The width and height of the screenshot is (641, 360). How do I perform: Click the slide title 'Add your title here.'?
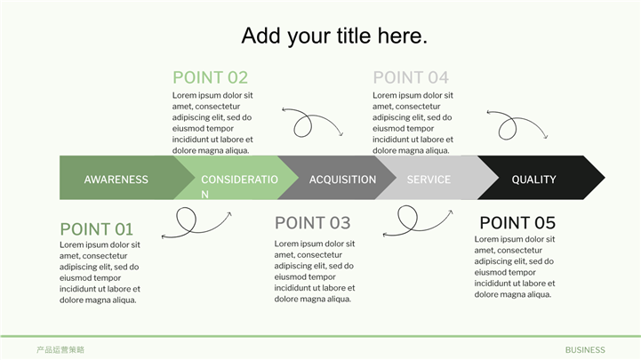click(x=334, y=36)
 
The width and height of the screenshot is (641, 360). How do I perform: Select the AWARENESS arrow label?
click(x=116, y=180)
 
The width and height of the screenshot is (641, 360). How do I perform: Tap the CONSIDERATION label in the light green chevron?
click(x=239, y=187)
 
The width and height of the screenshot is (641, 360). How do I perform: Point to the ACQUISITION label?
click(x=342, y=180)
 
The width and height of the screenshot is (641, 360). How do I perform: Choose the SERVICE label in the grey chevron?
click(x=429, y=180)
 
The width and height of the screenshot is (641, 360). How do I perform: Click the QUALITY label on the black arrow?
click(x=534, y=180)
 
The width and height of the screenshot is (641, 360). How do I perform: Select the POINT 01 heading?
click(x=97, y=229)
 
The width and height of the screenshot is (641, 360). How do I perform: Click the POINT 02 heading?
click(x=210, y=77)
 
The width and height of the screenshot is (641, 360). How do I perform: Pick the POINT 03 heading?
click(x=312, y=223)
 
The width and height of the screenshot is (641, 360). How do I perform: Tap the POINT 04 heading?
click(x=411, y=77)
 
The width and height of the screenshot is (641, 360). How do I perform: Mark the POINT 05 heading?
click(x=517, y=223)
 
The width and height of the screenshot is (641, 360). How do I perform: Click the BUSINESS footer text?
click(x=585, y=350)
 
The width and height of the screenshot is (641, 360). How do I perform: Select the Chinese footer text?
click(x=60, y=350)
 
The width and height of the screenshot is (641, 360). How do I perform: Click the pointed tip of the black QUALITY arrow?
click(x=605, y=178)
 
